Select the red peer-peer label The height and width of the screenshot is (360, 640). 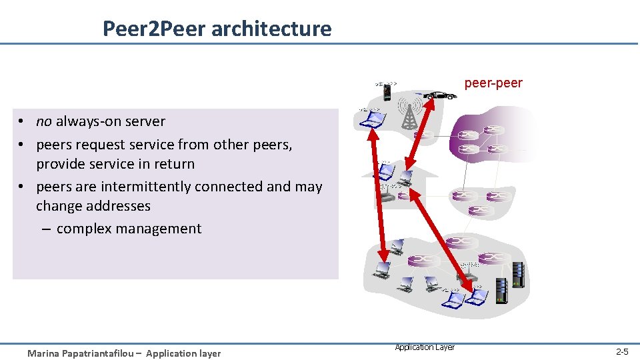[x=493, y=83]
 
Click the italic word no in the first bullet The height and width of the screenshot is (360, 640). [x=44, y=121]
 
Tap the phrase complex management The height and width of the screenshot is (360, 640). [x=129, y=229]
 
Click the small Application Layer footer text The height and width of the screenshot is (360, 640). [x=425, y=347]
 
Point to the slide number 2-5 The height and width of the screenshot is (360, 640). [x=621, y=351]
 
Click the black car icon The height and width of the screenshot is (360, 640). [x=439, y=95]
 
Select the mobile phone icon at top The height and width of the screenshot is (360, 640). [x=387, y=91]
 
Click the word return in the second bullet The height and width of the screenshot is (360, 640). [x=173, y=164]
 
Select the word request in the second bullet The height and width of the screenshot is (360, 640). [x=95, y=145]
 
